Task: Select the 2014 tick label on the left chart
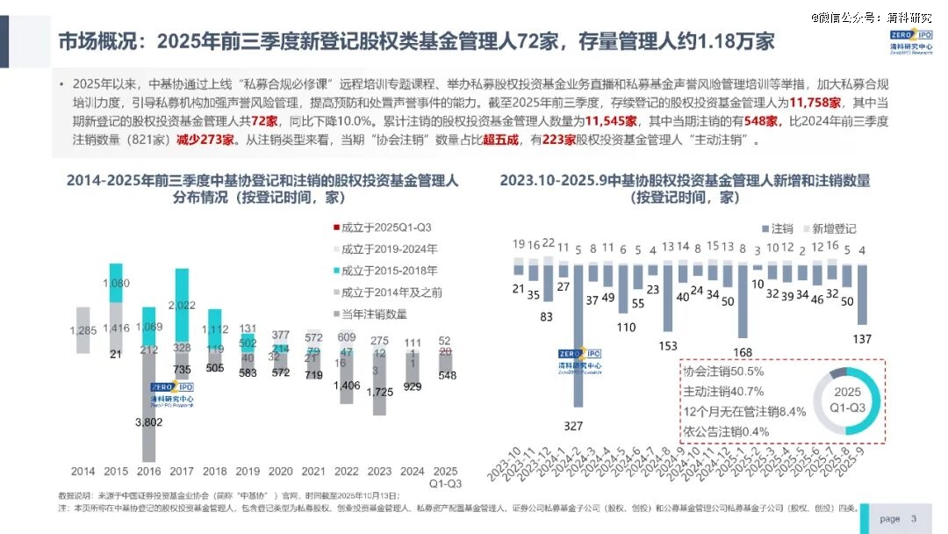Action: pos(83,470)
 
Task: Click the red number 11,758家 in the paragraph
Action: pos(816,103)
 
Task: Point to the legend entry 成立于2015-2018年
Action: pos(384,270)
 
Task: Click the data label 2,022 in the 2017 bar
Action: pos(182,305)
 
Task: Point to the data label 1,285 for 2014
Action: pos(83,329)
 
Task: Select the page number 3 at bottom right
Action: pos(914,518)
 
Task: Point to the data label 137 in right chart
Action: pos(862,339)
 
